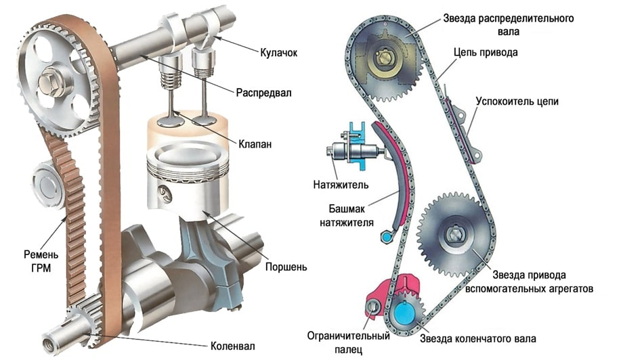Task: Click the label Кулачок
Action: (x=278, y=51)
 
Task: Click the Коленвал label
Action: (x=232, y=346)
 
